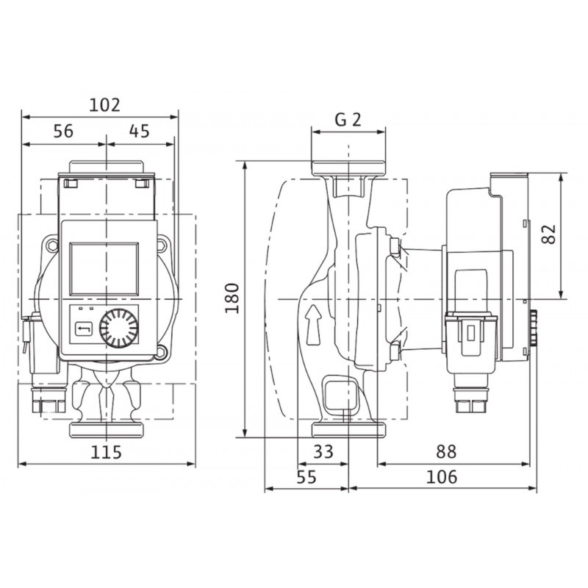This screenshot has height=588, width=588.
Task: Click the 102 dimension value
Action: (104, 105)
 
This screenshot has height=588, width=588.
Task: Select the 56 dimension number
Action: (63, 132)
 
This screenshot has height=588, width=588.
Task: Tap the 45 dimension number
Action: (140, 132)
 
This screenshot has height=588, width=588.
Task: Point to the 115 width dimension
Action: (107, 452)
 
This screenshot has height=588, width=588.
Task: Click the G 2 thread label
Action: (348, 120)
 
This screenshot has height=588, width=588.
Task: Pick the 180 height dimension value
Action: (232, 298)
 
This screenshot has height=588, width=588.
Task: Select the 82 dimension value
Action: (549, 234)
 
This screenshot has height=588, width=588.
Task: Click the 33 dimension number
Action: (323, 451)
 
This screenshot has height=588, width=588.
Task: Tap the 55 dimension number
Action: (306, 477)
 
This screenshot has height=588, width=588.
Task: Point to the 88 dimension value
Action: (446, 451)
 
